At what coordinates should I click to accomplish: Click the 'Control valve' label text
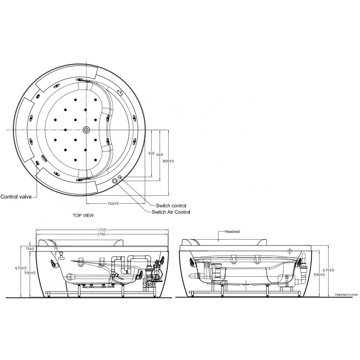click(x=16, y=197)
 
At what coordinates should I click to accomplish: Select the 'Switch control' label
click(x=171, y=206)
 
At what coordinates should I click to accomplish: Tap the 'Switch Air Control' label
click(x=171, y=212)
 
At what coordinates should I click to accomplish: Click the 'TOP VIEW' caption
click(x=83, y=215)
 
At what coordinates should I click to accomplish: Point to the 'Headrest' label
click(x=232, y=232)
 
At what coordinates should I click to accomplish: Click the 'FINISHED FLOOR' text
click(x=346, y=295)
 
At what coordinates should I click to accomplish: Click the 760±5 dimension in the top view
click(x=113, y=204)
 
